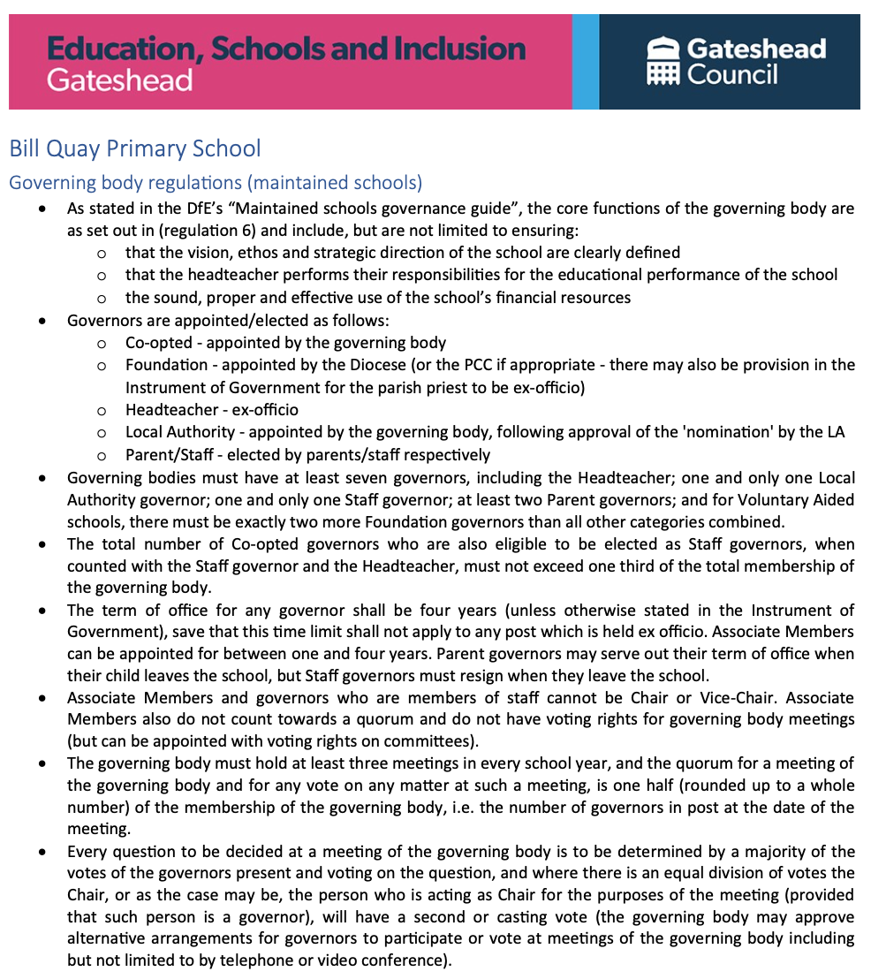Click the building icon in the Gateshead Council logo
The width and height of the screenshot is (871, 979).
(663, 61)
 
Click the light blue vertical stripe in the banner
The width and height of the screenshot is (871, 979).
(585, 61)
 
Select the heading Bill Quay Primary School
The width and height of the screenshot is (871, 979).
(135, 148)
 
